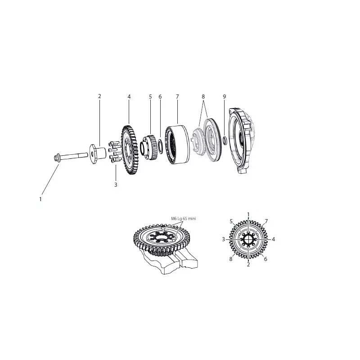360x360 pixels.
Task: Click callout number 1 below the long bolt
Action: [40, 199]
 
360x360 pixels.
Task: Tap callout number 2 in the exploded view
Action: [99, 96]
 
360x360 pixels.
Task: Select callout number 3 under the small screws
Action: [116, 184]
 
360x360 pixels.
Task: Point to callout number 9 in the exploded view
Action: [224, 97]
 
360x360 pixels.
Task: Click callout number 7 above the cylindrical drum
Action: [177, 97]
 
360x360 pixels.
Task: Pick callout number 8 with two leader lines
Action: [203, 97]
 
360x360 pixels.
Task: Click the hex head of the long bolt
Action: [57, 158]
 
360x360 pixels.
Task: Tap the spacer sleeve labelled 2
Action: [98, 153]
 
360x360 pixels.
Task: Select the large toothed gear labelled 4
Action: [130, 150]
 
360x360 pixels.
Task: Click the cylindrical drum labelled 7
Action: [178, 145]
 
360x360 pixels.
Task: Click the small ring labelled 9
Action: [225, 140]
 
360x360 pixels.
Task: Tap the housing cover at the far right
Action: [241, 140]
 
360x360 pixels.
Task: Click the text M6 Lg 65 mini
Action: [184, 219]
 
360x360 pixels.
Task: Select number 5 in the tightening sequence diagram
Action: [231, 221]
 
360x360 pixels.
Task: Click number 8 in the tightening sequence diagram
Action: [231, 259]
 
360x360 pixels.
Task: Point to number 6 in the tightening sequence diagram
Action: [265, 259]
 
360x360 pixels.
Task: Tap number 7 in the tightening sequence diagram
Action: [266, 221]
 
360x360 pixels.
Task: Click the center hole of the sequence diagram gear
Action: [248, 239]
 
